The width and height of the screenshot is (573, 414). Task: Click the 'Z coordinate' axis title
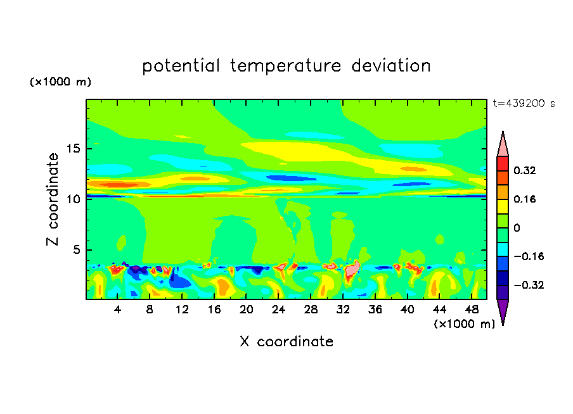pos(53,199)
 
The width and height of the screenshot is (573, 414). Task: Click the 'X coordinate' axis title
pos(286,342)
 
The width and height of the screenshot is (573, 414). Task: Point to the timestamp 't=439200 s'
pos(524,103)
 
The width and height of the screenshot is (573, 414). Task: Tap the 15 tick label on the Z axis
pos(75,149)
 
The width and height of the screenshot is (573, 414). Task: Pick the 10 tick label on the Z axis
pos(75,199)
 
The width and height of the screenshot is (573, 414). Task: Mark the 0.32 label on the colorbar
pos(525,170)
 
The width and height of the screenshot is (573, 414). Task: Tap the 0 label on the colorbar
pos(517,228)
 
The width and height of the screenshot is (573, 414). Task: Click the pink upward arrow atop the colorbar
pos(503,145)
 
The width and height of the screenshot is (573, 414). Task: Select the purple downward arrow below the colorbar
pos(503,311)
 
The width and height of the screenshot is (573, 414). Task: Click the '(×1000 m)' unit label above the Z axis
pos(61,82)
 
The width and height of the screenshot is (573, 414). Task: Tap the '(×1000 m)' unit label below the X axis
pos(464,323)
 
